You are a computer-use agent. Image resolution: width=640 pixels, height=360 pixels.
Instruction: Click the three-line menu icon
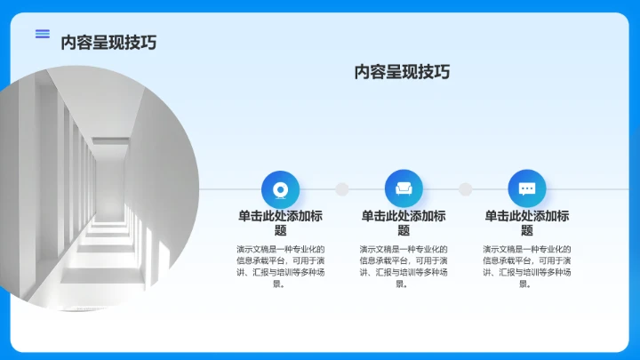(42, 34)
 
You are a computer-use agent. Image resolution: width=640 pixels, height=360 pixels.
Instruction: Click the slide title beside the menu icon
(108, 42)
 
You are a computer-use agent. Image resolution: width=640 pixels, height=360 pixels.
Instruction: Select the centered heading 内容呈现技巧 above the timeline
(402, 72)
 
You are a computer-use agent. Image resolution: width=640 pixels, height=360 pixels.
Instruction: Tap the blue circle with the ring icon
(280, 188)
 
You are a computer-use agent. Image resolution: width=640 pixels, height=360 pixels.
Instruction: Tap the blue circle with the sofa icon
(404, 188)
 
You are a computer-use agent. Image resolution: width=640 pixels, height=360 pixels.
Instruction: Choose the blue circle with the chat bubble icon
(527, 188)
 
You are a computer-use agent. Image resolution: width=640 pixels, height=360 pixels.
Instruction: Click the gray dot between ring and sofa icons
(341, 189)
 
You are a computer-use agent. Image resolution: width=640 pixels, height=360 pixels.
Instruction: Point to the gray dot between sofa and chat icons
(465, 189)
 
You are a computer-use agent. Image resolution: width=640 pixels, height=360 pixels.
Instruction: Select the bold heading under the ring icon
(280, 222)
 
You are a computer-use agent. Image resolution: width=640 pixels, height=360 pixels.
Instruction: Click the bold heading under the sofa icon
(404, 222)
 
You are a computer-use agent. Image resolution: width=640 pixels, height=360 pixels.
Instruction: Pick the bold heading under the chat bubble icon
(527, 222)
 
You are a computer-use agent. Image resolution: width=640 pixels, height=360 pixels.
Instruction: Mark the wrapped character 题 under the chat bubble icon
(527, 230)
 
